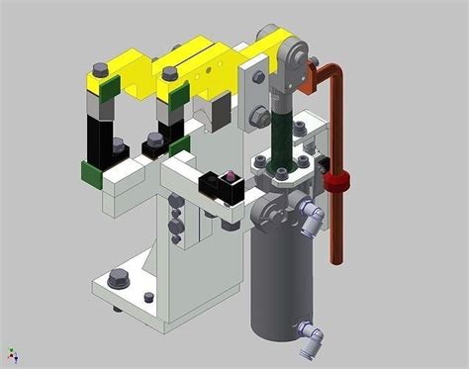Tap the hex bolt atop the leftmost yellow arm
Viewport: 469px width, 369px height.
click(100, 70)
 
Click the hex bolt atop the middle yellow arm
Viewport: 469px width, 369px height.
click(170, 72)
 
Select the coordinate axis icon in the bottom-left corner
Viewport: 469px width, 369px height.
click(12, 353)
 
